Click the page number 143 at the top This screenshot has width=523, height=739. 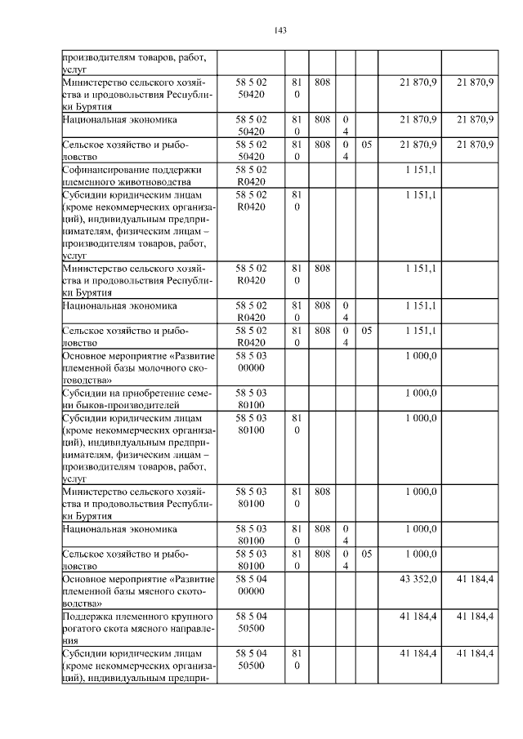[280, 30]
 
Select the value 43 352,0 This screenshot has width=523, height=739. [418, 578]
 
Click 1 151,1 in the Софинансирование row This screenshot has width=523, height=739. [422, 169]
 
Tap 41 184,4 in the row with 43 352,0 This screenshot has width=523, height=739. [475, 578]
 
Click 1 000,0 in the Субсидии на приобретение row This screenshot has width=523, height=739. [422, 393]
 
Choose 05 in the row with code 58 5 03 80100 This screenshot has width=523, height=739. [367, 554]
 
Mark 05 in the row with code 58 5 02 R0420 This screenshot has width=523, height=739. [367, 331]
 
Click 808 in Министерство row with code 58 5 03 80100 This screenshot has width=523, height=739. [322, 492]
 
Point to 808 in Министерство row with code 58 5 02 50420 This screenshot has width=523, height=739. [322, 82]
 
